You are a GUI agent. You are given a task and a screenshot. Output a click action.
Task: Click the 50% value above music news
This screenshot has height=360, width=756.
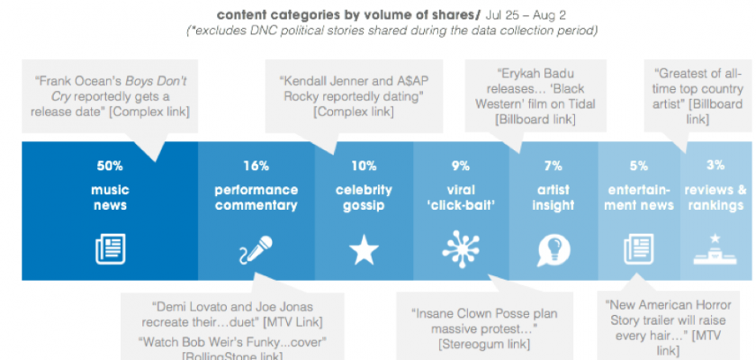point(109,166)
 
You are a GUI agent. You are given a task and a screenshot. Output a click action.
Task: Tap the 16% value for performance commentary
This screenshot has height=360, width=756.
point(256,166)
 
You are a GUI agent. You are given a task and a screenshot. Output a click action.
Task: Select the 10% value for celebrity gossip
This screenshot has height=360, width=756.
point(364,166)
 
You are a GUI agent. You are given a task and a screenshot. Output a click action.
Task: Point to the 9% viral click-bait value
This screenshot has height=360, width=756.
point(461,166)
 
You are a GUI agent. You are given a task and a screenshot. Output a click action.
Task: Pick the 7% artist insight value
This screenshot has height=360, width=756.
point(553,166)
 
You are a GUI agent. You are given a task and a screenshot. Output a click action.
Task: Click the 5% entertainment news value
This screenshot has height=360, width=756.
point(639,166)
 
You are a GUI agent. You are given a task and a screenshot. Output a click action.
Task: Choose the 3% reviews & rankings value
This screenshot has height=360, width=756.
point(715,166)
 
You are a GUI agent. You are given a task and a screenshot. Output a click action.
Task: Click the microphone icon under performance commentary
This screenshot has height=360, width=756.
point(256,248)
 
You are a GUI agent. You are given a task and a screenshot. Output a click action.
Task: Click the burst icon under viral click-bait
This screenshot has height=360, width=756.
point(461,248)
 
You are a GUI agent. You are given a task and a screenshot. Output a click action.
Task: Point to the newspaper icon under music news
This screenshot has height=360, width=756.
point(110,248)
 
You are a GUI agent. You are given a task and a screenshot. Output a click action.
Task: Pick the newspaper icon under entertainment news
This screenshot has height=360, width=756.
point(639,248)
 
